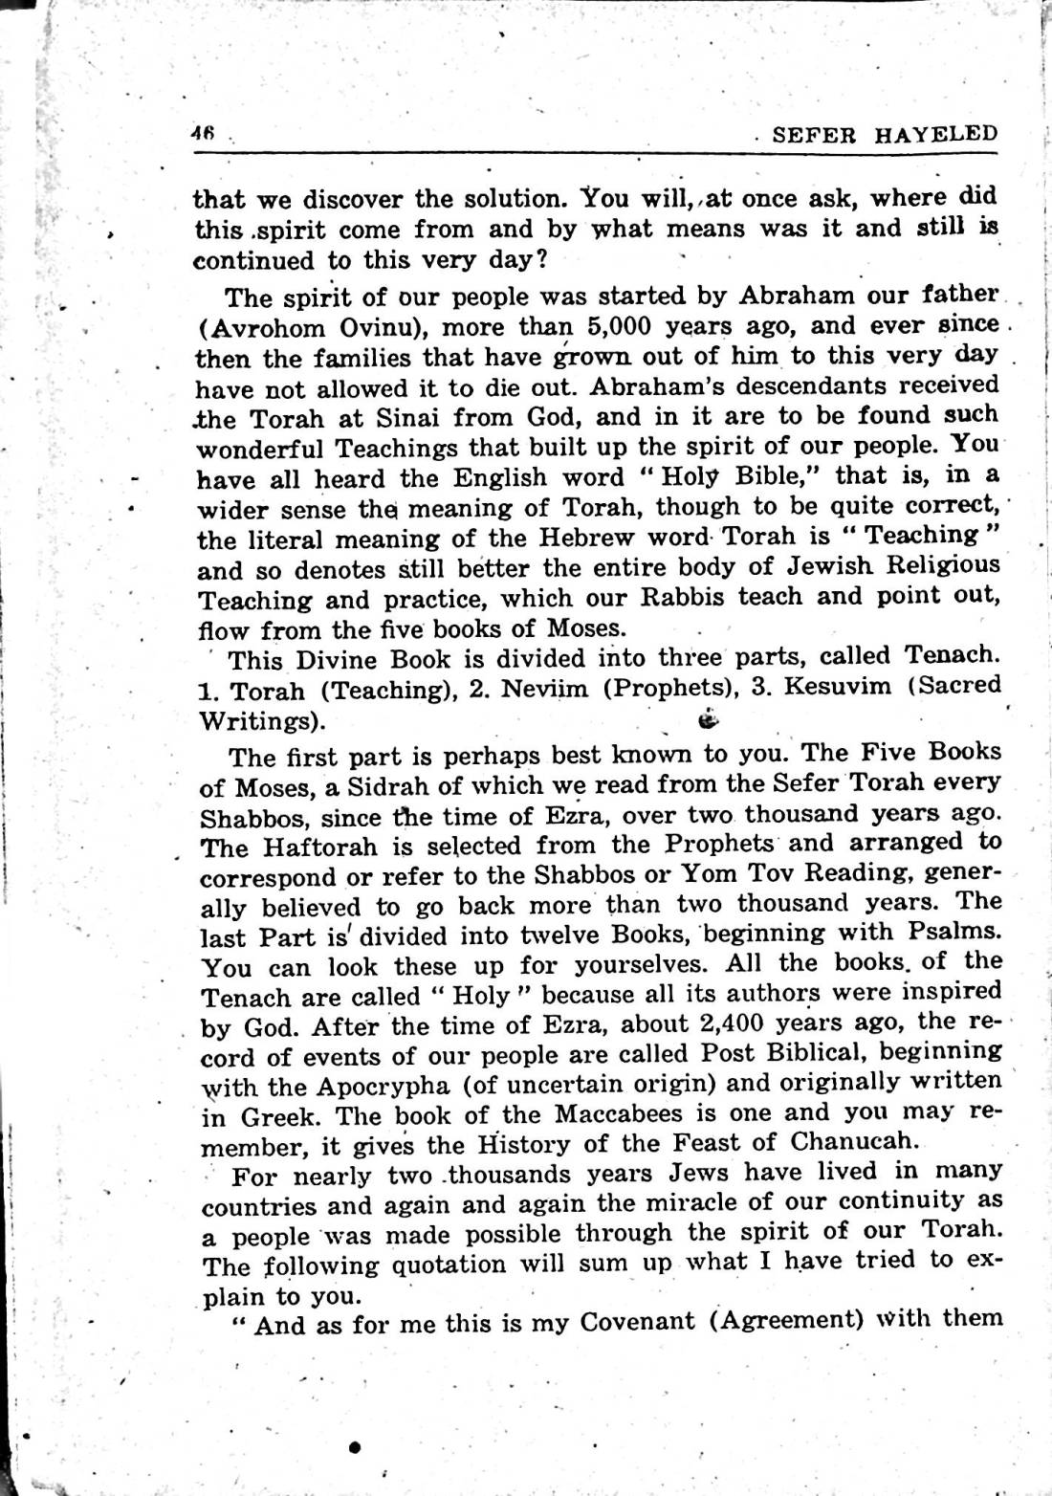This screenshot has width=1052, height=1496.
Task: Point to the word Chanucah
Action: (x=854, y=1140)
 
